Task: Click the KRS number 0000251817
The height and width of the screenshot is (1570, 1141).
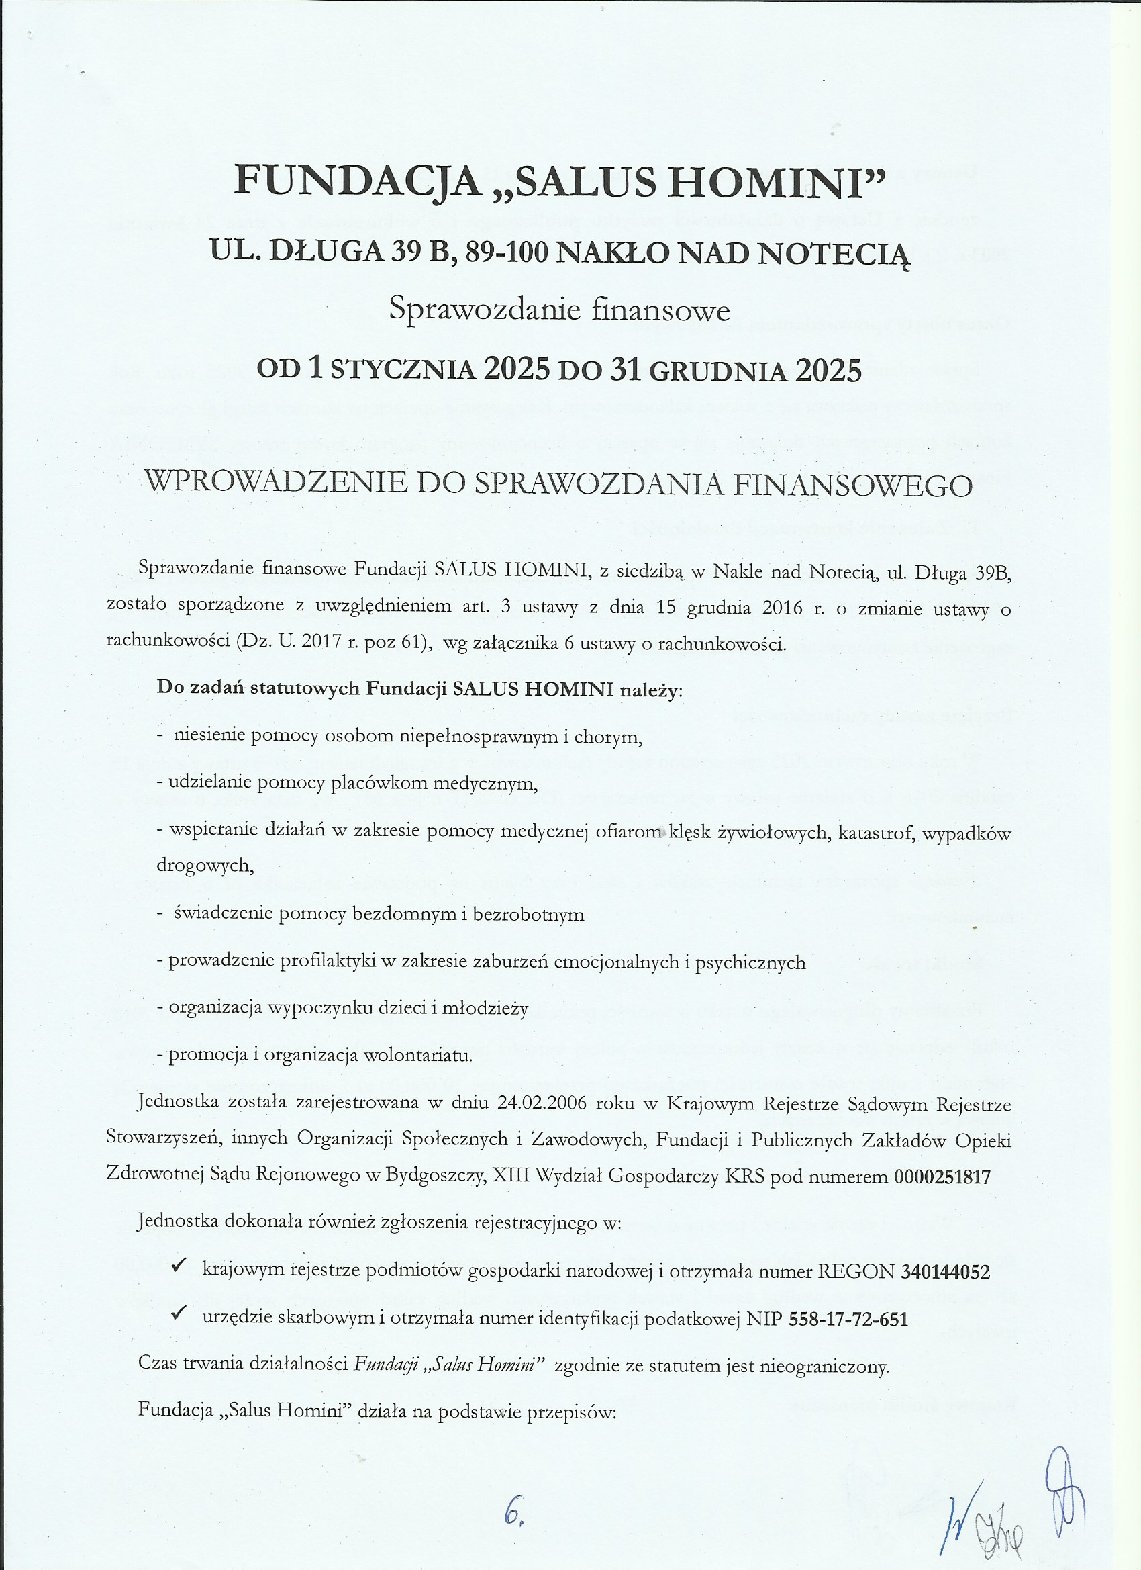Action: pyautogui.click(x=942, y=1176)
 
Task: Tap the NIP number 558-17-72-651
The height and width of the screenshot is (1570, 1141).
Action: pyautogui.click(x=848, y=1319)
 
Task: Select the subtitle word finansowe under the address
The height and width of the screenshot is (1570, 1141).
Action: pyautogui.click(x=661, y=310)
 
